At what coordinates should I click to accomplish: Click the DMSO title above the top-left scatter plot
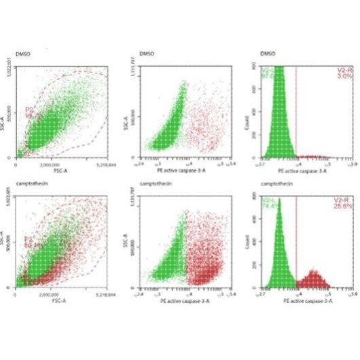(23, 52)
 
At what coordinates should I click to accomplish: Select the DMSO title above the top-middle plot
(146, 52)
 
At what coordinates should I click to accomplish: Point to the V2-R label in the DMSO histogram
(342, 71)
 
